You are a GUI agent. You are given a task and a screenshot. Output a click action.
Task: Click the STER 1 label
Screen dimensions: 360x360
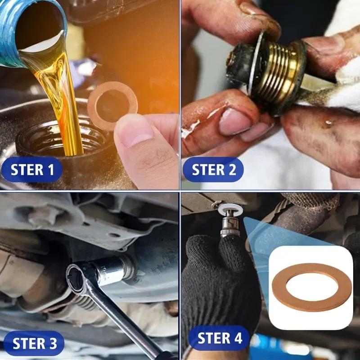tap(31, 170)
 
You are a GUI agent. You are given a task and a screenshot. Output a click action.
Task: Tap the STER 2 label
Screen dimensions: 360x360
tap(213, 170)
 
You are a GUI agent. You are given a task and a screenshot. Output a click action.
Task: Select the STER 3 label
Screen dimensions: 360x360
tap(34, 343)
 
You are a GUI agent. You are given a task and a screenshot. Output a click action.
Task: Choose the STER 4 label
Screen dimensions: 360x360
tap(219, 338)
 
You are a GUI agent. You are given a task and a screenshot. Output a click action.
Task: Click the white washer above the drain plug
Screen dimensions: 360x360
tap(230, 208)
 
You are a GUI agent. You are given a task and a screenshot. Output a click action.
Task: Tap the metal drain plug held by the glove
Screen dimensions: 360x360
tap(230, 223)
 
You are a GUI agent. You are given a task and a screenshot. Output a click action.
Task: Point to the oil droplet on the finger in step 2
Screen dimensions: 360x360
tap(328, 122)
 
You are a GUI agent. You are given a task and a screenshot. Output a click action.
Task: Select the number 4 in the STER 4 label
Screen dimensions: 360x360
tap(238, 338)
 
